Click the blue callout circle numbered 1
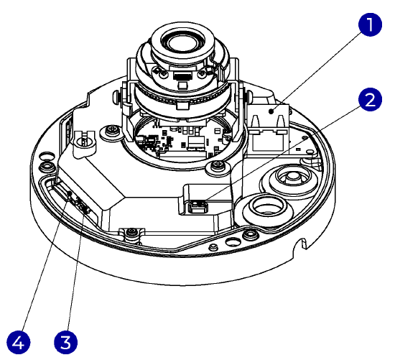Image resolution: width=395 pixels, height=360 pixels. pos(370,27)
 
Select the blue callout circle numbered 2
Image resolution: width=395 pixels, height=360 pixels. pos(370,98)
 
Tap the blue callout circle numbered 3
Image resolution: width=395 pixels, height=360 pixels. pos(67,338)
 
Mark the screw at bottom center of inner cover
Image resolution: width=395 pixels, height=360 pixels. pos(131,232)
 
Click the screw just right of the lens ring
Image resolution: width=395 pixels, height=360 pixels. pos(216,168)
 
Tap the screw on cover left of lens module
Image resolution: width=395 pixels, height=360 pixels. pos(113,131)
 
